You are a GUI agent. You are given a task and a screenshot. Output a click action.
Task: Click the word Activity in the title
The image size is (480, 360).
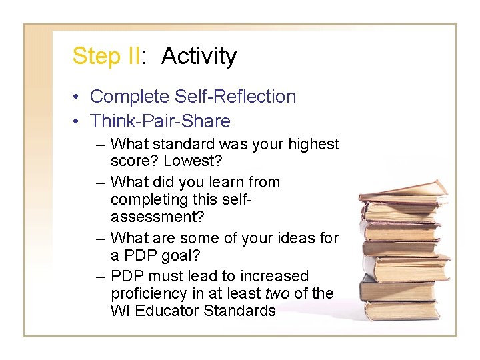tap(199, 56)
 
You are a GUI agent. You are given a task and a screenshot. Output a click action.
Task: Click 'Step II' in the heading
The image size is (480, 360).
tap(105, 56)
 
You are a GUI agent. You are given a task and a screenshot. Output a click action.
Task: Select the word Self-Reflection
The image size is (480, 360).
tap(235, 97)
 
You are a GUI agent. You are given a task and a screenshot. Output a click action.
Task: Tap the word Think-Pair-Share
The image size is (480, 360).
tap(160, 121)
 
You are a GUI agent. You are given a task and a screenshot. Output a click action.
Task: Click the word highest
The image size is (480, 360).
tap(313, 144)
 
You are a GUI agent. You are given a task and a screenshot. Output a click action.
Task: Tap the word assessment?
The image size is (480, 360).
tap(157, 217)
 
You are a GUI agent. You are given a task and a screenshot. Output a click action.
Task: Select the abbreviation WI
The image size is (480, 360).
tap(119, 311)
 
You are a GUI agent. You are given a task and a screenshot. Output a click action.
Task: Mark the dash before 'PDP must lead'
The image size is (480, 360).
tap(100, 276)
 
